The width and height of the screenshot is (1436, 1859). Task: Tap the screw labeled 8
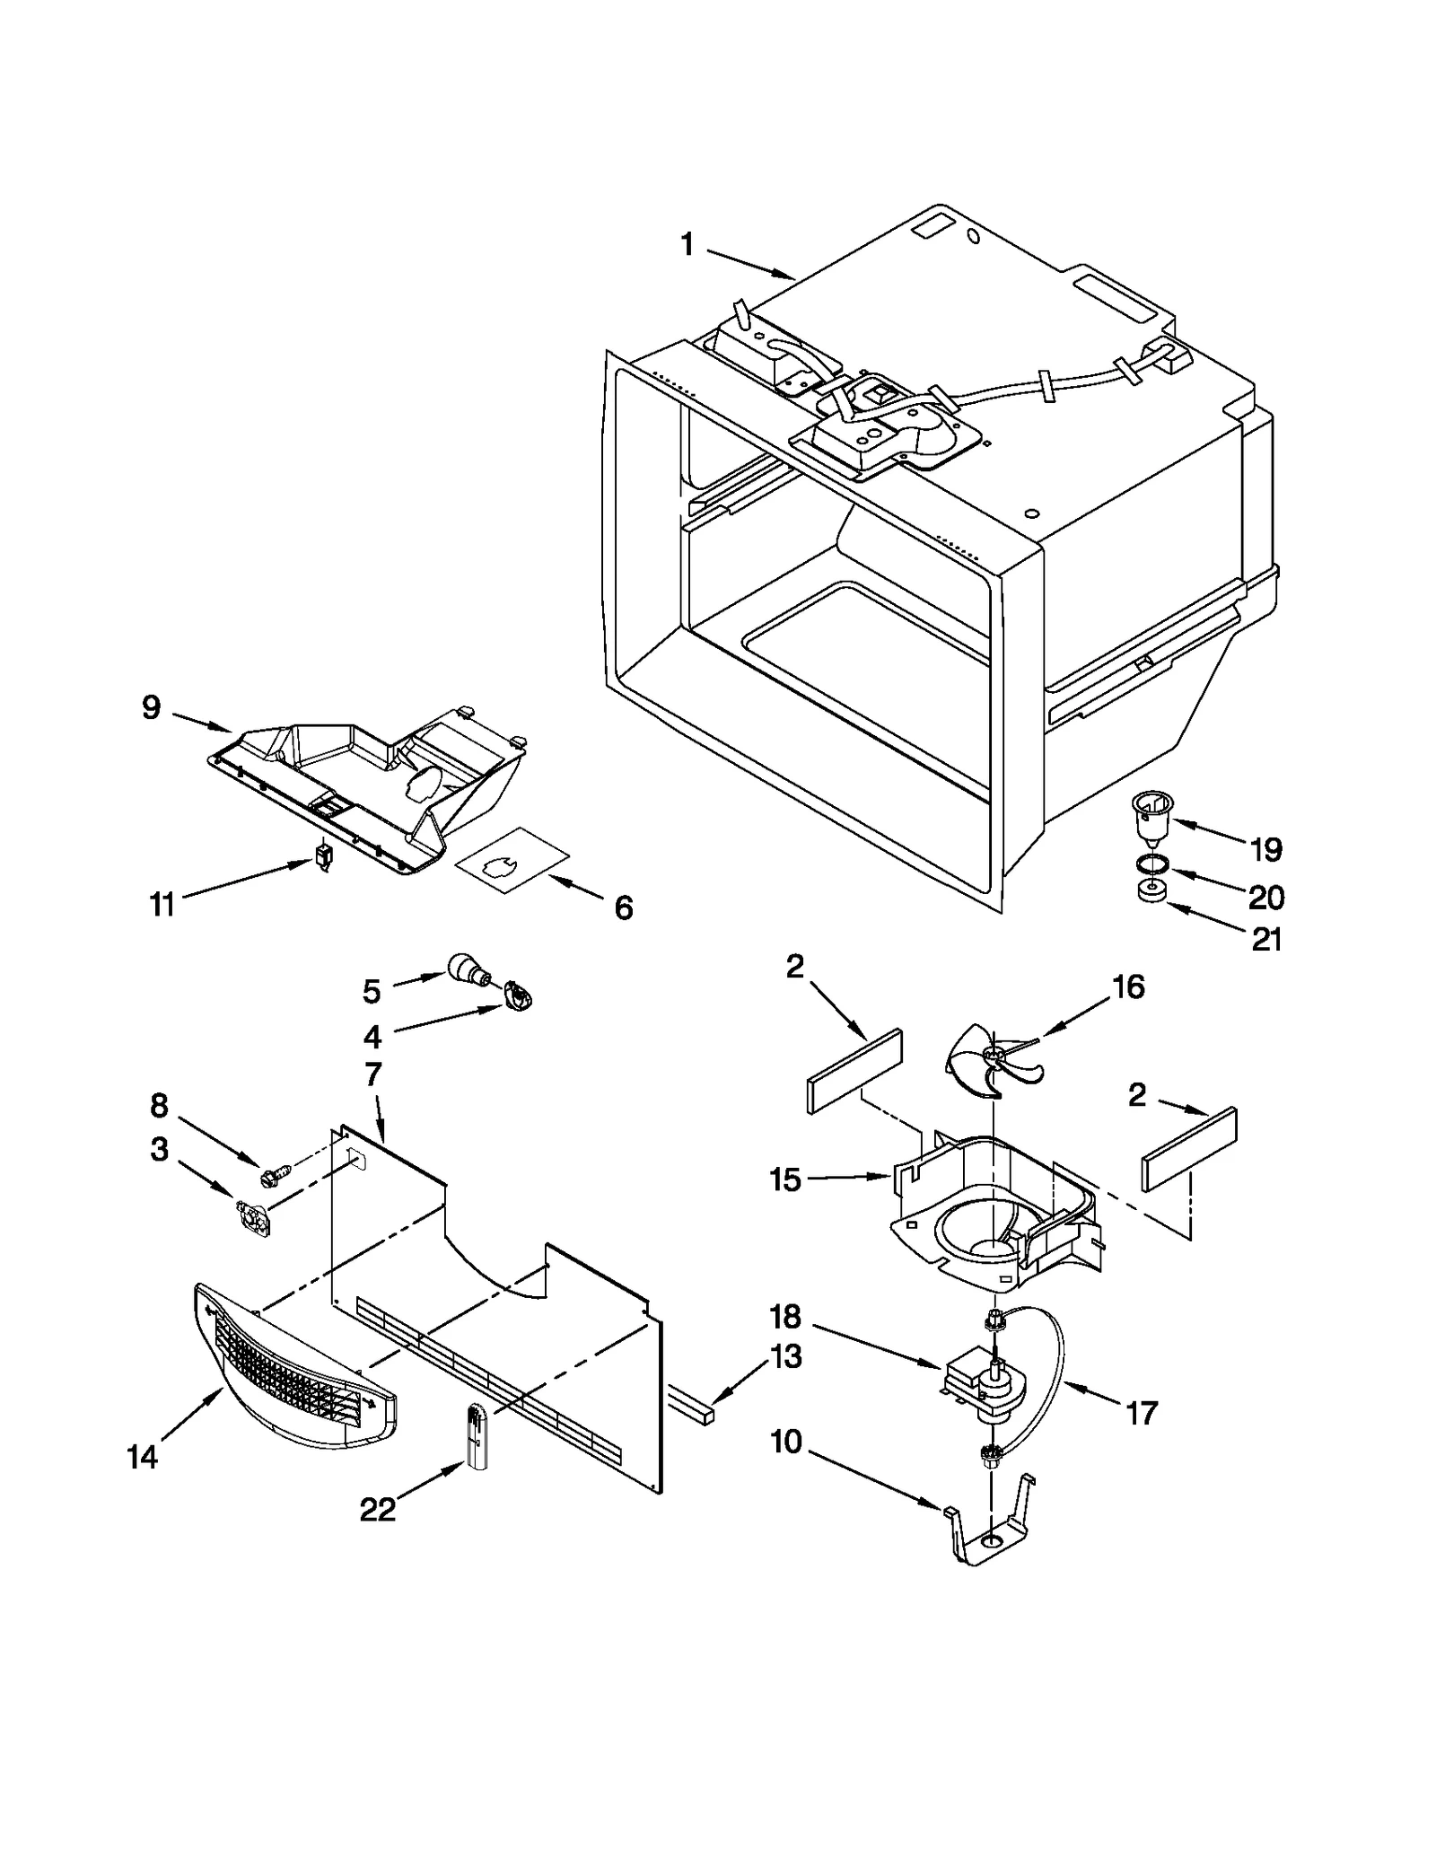coord(275,1172)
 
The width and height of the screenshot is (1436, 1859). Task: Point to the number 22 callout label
coord(377,1510)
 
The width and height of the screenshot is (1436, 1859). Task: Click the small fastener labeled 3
coord(252,1218)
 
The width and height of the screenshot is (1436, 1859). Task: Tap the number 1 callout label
coord(687,243)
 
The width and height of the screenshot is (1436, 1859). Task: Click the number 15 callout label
coord(784,1179)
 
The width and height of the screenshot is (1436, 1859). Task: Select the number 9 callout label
coord(151,707)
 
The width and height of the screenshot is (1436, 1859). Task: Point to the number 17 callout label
coord(1142,1414)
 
